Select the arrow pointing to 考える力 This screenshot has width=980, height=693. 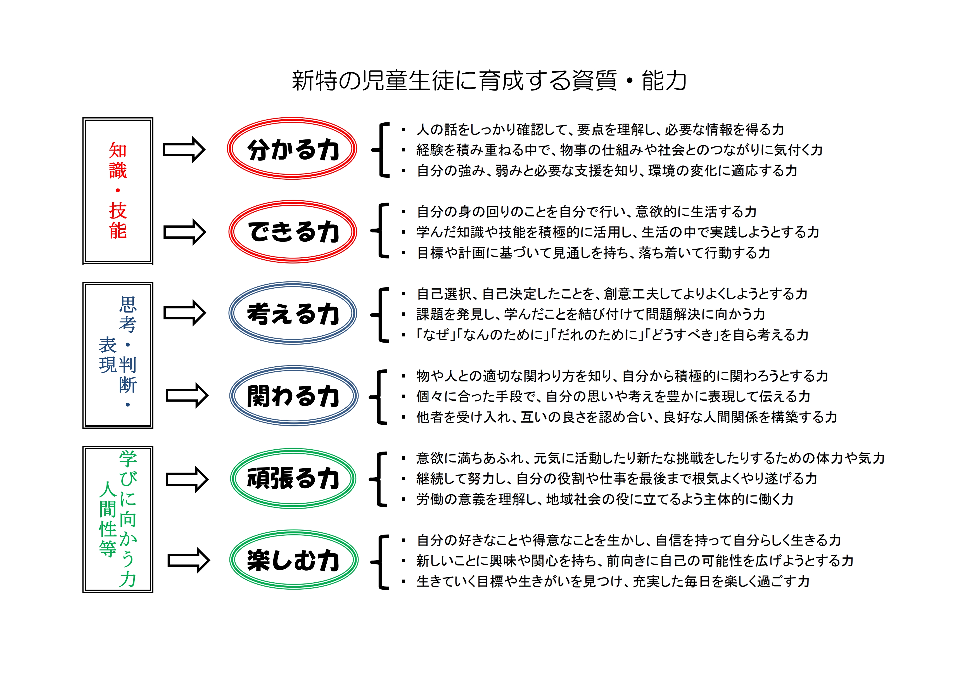tap(185, 313)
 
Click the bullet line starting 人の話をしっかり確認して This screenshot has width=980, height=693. tap(593, 129)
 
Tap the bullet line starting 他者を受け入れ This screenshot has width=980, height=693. tap(619, 417)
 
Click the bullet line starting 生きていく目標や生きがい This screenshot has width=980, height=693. tap(605, 581)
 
